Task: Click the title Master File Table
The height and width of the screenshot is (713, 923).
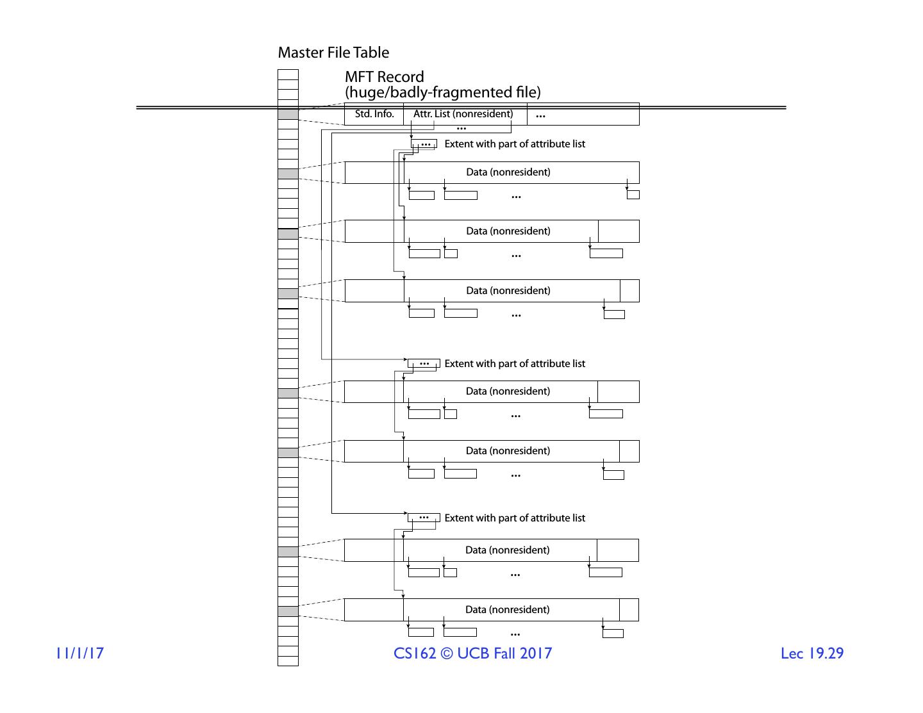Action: click(x=333, y=53)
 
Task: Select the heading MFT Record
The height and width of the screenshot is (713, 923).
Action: click(x=384, y=78)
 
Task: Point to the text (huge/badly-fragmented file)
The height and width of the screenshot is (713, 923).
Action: click(x=442, y=92)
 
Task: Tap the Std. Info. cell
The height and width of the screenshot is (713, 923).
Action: click(x=374, y=115)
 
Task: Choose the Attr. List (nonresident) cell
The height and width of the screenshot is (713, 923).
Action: click(x=463, y=115)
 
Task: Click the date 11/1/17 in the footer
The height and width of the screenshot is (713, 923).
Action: click(x=79, y=653)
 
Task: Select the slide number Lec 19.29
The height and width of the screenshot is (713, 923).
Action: click(x=812, y=653)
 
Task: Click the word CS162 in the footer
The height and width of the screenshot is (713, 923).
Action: click(x=415, y=653)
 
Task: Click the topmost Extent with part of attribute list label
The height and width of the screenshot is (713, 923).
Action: click(x=515, y=144)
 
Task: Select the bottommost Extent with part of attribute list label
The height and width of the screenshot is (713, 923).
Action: click(x=515, y=518)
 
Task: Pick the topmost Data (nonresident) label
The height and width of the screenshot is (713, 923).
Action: click(x=508, y=172)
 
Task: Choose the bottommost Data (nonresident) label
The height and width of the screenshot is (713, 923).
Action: click(x=508, y=610)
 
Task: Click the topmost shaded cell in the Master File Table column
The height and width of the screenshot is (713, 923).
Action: click(x=288, y=115)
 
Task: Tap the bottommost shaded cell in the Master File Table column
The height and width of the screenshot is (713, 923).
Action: click(x=288, y=611)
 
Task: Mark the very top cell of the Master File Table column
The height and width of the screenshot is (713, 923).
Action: click(x=288, y=74)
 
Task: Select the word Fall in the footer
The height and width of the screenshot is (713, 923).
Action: click(x=503, y=653)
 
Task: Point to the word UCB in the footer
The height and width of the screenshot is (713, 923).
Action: click(x=472, y=653)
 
